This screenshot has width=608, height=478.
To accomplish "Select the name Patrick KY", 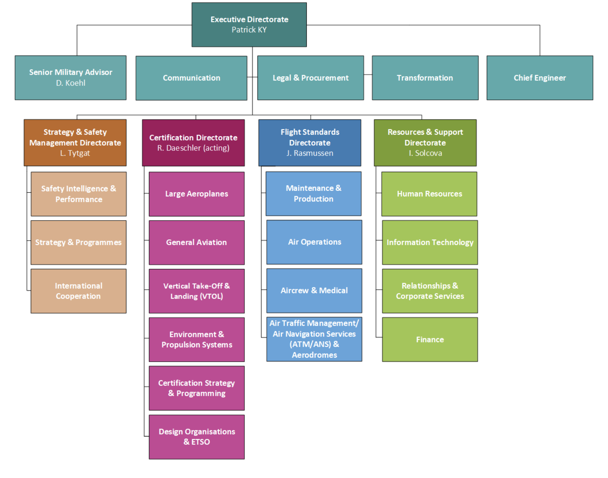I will [x=249, y=30].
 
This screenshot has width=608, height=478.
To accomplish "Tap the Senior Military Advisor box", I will [x=71, y=77].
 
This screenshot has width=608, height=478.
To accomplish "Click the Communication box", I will [x=191, y=78].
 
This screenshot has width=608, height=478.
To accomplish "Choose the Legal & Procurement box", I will [x=310, y=78].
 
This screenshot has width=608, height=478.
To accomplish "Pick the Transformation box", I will [x=425, y=78].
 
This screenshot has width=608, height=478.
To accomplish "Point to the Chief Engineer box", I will [x=539, y=78].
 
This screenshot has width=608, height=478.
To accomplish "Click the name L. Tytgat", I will [x=75, y=153].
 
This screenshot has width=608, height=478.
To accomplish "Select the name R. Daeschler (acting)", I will [x=193, y=148].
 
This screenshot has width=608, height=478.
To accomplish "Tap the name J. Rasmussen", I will [x=310, y=153].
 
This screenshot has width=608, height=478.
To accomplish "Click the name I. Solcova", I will [x=425, y=153].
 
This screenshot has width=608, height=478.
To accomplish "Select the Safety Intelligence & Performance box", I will [x=78, y=194].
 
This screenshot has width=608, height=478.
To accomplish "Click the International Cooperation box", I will [x=78, y=291].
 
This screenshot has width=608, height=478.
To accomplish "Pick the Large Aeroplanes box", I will [x=197, y=194].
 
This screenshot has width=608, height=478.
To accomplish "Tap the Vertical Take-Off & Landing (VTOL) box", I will [x=197, y=291].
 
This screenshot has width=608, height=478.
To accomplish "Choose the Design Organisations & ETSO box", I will [x=197, y=437].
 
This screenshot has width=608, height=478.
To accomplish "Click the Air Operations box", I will [x=314, y=242].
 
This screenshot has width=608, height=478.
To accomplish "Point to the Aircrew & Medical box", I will [x=314, y=290].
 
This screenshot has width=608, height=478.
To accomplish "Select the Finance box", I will [x=430, y=340].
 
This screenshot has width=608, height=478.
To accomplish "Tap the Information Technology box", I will [x=430, y=242].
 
